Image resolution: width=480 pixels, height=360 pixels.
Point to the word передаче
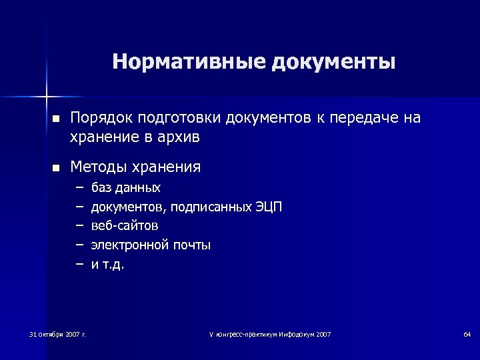pyautogui.click(x=371, y=118)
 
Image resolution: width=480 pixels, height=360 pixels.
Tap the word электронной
pyautogui.click(x=130, y=245)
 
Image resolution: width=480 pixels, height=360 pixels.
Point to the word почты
pyautogui.click(x=191, y=245)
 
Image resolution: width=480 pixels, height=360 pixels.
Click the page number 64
pyautogui.click(x=467, y=333)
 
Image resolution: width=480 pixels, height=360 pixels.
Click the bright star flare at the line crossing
pyautogui.click(x=47, y=96)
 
